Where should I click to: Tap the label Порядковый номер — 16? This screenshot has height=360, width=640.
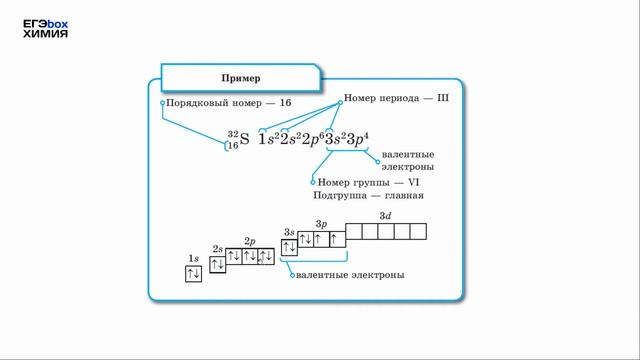pos(229,103)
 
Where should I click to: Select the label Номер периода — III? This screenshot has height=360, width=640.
pos(397,100)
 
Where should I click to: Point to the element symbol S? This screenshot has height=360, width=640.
pos(245,139)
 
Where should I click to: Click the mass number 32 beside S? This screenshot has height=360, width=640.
pos(233,134)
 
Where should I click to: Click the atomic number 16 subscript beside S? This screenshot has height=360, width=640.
pos(233,146)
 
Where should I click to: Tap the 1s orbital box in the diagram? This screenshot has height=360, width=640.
pos(194,274)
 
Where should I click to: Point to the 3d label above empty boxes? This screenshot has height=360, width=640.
pos(385,216)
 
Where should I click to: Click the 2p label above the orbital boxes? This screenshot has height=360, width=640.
pos(250,241)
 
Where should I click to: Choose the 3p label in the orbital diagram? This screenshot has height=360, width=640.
pos(321,224)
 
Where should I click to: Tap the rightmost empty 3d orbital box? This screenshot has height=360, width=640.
pos(418,231)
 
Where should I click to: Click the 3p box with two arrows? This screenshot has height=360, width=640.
pos(305,240)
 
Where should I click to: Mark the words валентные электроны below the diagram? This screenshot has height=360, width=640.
pos(349,274)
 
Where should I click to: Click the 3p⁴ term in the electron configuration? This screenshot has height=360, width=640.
pos(357,139)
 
